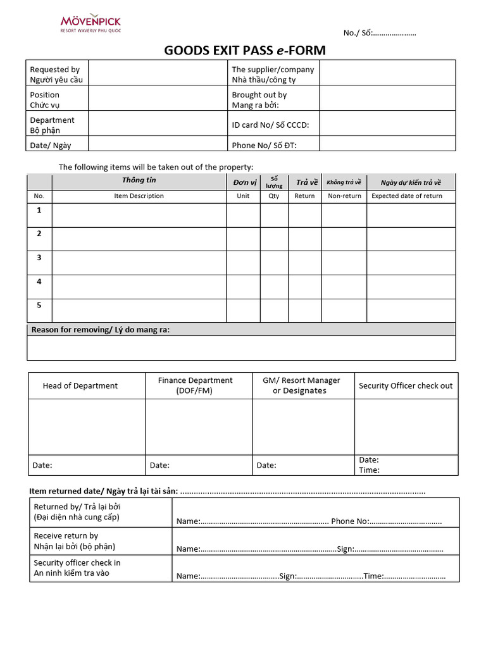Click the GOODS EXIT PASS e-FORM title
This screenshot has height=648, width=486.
(x=245, y=51)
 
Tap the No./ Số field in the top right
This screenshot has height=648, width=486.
(x=380, y=33)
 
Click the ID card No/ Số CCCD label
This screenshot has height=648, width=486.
(x=270, y=125)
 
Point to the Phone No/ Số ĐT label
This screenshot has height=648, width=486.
(x=264, y=145)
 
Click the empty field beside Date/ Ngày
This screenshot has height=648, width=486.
(x=157, y=145)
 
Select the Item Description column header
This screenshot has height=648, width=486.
(x=139, y=196)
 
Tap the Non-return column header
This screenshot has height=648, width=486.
(x=344, y=196)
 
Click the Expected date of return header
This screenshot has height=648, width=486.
(x=407, y=196)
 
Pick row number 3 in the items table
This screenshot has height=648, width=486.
(x=39, y=258)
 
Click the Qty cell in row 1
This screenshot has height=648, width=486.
(x=274, y=215)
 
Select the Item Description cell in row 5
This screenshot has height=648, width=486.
(x=139, y=311)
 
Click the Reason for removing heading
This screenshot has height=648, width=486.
(x=101, y=330)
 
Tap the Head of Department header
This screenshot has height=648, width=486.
(x=80, y=385)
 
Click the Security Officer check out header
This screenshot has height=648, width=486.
(x=406, y=385)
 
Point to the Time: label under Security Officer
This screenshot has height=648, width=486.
(x=370, y=470)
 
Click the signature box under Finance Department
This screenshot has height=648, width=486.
(x=199, y=427)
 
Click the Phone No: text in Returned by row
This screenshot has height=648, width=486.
(x=350, y=521)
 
